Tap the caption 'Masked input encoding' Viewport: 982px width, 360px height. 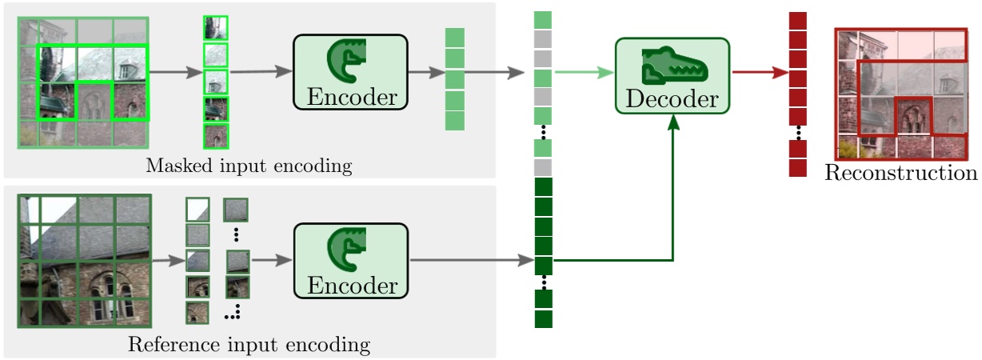[x=249, y=166]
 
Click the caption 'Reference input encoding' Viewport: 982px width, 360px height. [x=249, y=346]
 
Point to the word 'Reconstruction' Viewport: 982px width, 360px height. [x=900, y=174]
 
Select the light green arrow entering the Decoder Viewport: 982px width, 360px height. [x=583, y=72]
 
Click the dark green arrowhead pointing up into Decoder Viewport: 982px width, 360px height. [x=673, y=120]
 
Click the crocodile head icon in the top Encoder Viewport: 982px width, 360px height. [x=349, y=61]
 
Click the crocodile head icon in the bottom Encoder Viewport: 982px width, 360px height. [x=349, y=249]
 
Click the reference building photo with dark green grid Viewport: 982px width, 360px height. [x=83, y=260]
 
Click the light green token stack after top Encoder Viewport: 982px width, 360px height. [x=454, y=79]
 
